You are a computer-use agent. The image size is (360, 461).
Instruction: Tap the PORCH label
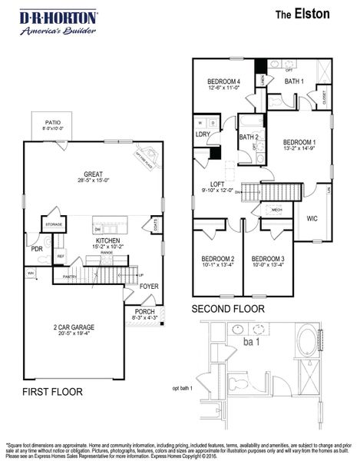pos(144,311)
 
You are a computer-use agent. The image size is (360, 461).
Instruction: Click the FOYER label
pos(148,287)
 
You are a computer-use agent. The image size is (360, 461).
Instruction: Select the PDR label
pos(36,249)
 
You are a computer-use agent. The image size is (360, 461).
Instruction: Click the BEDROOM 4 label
pos(224,81)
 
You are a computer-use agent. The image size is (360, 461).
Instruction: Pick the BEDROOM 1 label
pos(299,142)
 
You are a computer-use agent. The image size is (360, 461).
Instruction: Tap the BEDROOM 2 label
pos(217,258)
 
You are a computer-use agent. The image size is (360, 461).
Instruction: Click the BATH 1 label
pos(294,81)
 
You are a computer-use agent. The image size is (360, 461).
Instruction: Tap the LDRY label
pos(203,134)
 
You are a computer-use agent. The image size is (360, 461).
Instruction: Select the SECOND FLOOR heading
pos(228,309)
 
